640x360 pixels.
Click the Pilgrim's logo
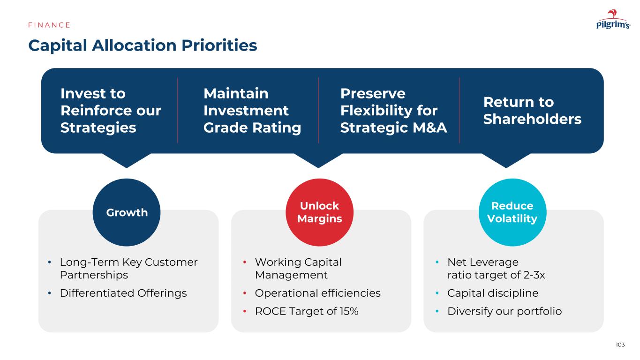[613, 19]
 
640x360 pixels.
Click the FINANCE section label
[49, 25]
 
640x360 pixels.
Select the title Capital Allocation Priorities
[143, 45]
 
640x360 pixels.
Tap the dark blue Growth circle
[127, 212]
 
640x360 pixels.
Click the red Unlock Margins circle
[319, 212]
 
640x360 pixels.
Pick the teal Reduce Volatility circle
[512, 212]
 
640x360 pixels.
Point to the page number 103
[620, 345]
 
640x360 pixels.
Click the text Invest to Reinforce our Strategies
[111, 111]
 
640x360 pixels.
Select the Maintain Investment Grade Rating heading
[252, 111]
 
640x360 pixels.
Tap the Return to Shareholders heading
[532, 111]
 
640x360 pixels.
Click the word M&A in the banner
[429, 127]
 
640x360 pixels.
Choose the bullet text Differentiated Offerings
[123, 293]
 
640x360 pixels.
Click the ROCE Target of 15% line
[307, 311]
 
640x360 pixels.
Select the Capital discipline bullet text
[493, 293]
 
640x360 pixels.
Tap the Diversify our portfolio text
[504, 311]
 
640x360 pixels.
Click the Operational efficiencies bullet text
[318, 293]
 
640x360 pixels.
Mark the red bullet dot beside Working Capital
[245, 262]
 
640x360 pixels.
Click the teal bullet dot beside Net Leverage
[437, 262]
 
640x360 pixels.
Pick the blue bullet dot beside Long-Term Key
[49, 262]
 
